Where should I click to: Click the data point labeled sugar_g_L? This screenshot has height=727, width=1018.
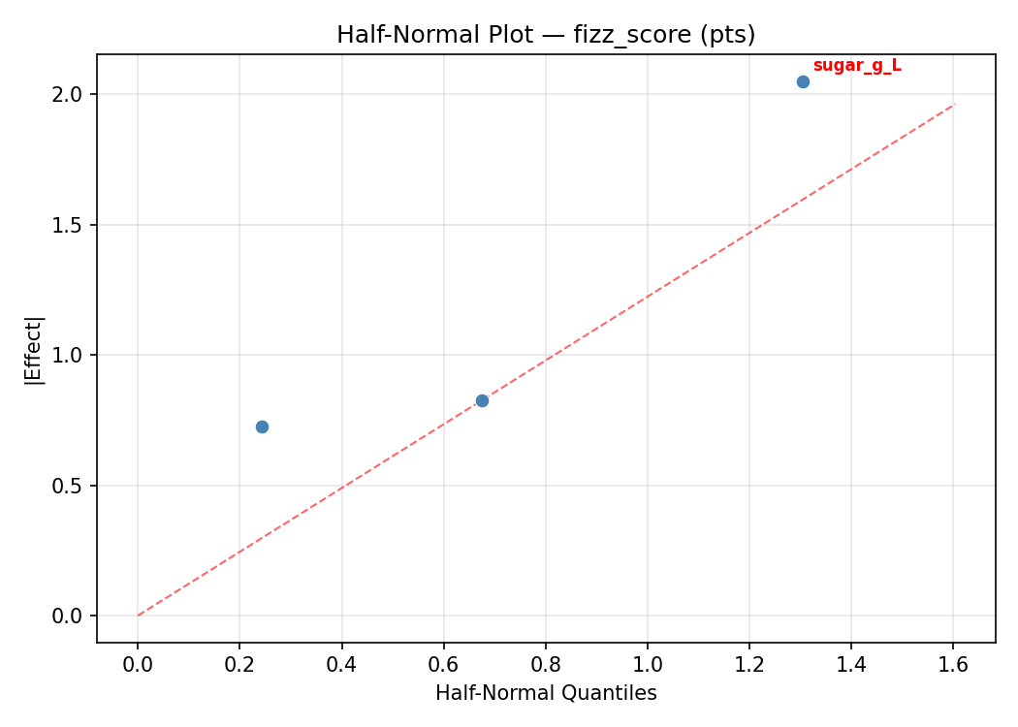tap(803, 81)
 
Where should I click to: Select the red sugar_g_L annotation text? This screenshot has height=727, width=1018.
tap(856, 65)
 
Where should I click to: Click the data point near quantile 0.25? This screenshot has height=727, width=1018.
tap(262, 427)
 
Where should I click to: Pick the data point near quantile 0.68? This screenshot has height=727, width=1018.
tap(482, 400)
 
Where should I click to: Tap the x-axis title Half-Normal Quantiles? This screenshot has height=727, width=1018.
tap(546, 693)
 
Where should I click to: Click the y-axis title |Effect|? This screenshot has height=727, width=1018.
tap(35, 349)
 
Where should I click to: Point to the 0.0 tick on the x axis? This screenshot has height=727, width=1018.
tap(138, 664)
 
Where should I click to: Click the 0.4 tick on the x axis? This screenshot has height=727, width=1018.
tap(341, 664)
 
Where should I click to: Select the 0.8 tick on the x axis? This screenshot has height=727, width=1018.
tap(545, 664)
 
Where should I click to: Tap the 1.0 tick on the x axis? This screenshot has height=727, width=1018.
tap(648, 664)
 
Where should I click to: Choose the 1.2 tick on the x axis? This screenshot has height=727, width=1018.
tap(749, 664)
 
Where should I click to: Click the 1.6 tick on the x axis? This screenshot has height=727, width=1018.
tap(953, 664)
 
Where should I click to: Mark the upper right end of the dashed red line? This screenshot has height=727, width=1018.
tap(954, 104)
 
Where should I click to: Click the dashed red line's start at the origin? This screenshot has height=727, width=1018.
tap(138, 616)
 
